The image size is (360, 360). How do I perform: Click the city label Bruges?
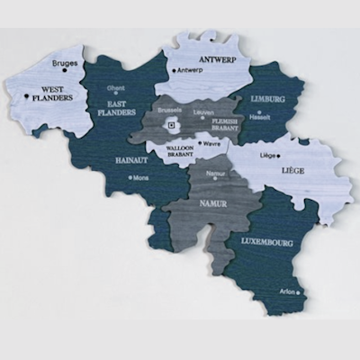point(67,64)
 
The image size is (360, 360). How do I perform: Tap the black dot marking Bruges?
point(64,73)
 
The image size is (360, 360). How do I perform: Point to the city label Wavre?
point(212,142)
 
